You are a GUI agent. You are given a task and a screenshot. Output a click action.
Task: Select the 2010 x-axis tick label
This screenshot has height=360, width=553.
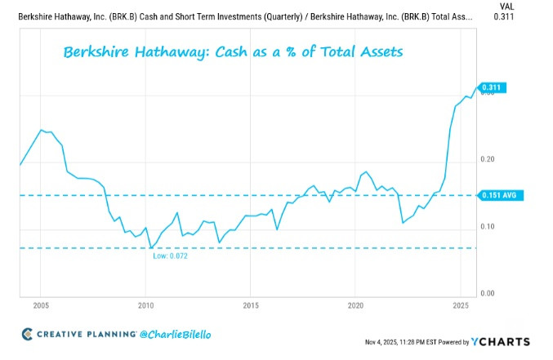[x=145, y=305]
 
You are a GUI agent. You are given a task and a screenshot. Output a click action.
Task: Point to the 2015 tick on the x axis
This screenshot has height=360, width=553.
[x=250, y=305]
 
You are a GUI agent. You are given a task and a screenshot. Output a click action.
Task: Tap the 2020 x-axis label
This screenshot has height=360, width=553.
[x=355, y=305]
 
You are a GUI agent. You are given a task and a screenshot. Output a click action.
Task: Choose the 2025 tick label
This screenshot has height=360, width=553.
[x=459, y=305]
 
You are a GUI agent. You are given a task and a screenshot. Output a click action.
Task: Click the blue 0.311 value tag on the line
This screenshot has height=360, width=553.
[x=493, y=87]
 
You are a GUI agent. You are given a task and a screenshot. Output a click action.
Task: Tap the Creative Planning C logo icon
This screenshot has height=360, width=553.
[x=27, y=334]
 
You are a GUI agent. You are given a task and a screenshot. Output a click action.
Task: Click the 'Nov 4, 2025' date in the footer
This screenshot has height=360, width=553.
[x=379, y=342]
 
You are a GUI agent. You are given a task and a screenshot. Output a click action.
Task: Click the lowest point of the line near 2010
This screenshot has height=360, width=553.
[x=150, y=247]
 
